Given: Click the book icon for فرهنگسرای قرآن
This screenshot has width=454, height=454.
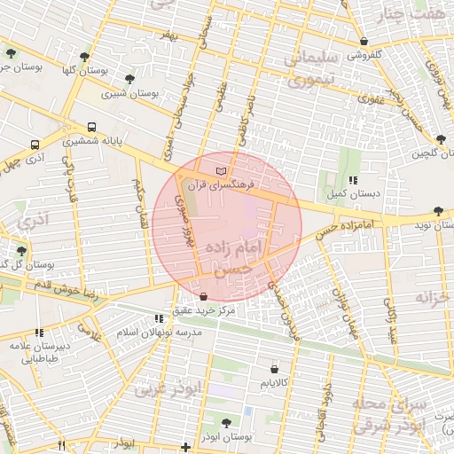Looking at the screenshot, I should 221,168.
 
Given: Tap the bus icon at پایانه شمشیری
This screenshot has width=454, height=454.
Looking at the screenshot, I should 92,127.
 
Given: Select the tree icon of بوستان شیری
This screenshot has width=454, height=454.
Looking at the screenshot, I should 130,79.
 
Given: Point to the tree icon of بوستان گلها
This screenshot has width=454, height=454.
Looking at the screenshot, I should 84,56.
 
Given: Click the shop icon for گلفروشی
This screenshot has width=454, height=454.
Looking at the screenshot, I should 364,41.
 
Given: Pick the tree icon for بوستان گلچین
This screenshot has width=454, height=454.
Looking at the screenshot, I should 441,139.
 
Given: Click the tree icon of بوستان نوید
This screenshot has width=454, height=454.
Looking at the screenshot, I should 439,211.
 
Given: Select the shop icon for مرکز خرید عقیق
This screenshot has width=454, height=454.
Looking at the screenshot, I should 204,297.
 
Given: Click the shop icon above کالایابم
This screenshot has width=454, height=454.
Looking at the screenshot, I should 274,368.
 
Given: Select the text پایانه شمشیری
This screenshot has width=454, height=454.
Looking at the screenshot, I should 92,141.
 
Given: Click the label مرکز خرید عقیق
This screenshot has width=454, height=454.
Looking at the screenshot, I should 205,311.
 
